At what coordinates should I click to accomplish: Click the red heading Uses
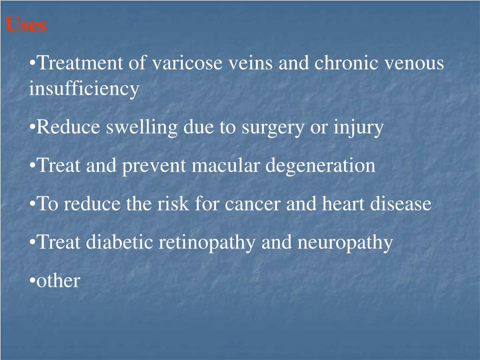click(26, 24)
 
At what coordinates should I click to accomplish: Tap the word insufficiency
click(84, 89)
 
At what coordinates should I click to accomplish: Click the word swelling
click(142, 127)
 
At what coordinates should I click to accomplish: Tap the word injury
click(358, 127)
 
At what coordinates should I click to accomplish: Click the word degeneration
click(320, 166)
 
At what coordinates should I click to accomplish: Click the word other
click(58, 281)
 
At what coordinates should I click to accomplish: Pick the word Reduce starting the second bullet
click(68, 127)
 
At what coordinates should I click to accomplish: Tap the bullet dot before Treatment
click(32, 63)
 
